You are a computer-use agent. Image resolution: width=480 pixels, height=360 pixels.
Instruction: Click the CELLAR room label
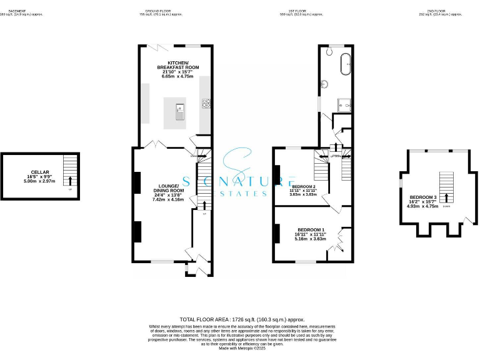pos(39,172)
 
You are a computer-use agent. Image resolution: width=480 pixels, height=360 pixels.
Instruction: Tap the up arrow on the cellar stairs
pos(70,180)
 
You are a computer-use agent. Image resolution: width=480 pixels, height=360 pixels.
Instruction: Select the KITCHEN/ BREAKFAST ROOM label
pos(177,64)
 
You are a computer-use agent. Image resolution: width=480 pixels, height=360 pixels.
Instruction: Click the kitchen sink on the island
pos(179,113)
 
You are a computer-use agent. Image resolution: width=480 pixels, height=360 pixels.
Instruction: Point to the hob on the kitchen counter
pos(206,103)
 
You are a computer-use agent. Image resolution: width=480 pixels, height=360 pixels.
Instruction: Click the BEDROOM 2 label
pos(303,187)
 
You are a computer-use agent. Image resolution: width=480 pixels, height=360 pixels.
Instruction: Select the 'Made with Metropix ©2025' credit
pos(241,348)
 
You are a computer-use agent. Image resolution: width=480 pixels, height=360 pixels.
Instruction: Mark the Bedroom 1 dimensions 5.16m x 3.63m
pos(311,238)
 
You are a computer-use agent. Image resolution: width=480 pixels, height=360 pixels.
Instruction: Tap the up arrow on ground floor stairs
pos(205,204)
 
